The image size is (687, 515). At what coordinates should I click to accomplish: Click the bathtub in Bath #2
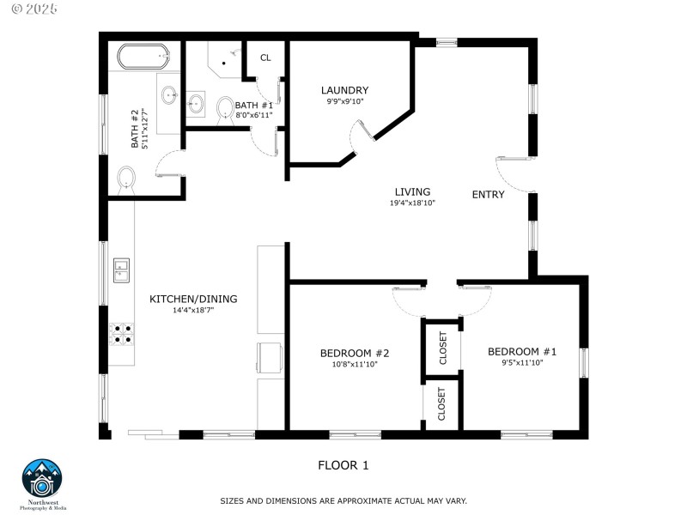tap(143, 57)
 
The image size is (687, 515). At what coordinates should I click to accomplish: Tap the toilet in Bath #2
tap(126, 179)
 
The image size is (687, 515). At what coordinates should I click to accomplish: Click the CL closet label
tap(265, 58)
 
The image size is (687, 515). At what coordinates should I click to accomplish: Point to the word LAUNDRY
tap(344, 90)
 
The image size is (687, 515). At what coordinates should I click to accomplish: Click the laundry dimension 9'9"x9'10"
tap(344, 101)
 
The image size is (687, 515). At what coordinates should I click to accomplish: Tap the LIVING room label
tap(412, 191)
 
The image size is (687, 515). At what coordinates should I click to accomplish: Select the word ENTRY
tap(488, 195)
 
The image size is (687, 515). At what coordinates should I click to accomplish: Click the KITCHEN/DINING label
tap(193, 299)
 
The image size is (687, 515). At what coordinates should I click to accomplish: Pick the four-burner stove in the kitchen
tap(120, 333)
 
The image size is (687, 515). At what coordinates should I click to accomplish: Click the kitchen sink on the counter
tap(120, 270)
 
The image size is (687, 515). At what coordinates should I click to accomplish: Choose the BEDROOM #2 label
tap(355, 353)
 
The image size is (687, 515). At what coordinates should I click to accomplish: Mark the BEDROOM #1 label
tap(522, 351)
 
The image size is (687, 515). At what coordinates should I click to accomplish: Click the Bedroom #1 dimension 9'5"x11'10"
tap(522, 362)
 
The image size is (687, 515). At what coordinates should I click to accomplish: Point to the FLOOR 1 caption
tap(343, 465)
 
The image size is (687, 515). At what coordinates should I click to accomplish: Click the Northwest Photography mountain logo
tap(41, 478)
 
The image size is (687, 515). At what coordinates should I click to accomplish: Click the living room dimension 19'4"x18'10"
tap(412, 203)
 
